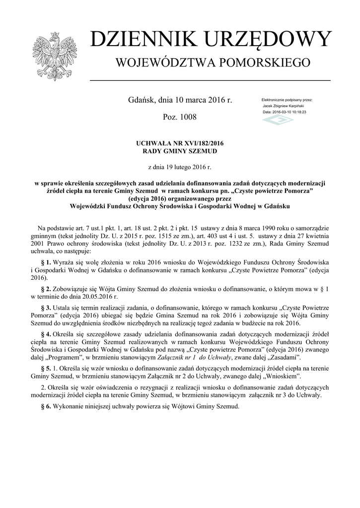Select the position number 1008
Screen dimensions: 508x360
click(187, 117)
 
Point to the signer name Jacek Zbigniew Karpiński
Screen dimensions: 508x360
click(283, 106)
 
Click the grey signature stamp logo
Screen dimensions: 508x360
click(278, 121)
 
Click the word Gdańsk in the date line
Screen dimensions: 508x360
click(141, 100)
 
